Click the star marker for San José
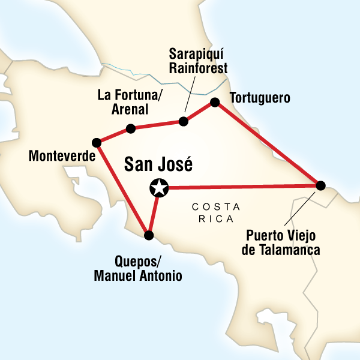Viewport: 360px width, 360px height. tap(158, 188)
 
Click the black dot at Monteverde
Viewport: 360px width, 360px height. tap(97, 143)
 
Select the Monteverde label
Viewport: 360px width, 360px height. tap(62, 157)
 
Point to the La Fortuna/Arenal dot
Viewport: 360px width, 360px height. tap(130, 128)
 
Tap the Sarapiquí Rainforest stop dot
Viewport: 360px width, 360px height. tap(184, 122)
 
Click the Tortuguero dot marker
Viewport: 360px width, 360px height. tap(214, 103)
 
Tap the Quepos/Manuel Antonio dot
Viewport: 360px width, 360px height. tap(149, 235)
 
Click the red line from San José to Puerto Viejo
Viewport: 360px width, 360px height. tap(240, 187)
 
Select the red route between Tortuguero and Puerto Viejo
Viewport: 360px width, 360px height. tap(267, 144)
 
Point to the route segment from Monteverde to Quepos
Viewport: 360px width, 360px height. tap(123, 189)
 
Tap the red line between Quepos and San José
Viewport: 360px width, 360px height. tap(154, 212)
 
